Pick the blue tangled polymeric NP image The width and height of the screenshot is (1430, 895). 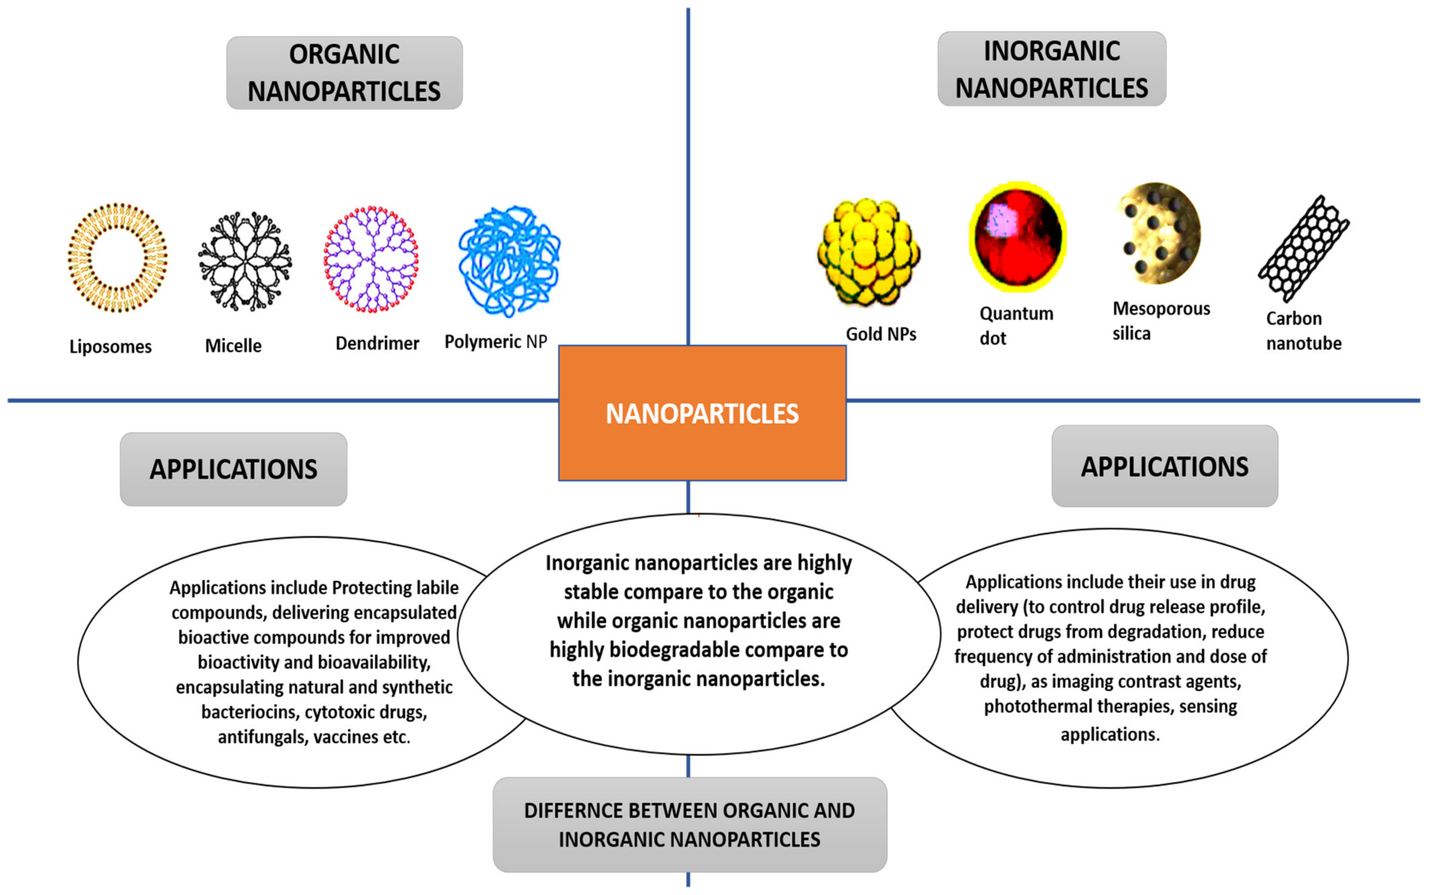(x=509, y=260)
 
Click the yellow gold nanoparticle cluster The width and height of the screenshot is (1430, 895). (x=868, y=253)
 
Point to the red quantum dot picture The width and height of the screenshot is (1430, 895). (x=1017, y=237)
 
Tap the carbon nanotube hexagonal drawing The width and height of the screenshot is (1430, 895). (x=1304, y=248)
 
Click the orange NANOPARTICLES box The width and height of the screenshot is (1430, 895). (x=702, y=413)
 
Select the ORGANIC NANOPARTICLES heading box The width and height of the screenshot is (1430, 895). (x=344, y=73)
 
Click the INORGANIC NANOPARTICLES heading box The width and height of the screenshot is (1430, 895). (x=1052, y=69)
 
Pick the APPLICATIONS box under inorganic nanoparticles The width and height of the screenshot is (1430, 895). (x=1165, y=467)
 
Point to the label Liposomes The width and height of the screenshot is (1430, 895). (x=111, y=346)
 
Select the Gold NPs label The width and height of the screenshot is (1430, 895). (x=881, y=334)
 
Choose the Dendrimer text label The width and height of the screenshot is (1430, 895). (x=377, y=343)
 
